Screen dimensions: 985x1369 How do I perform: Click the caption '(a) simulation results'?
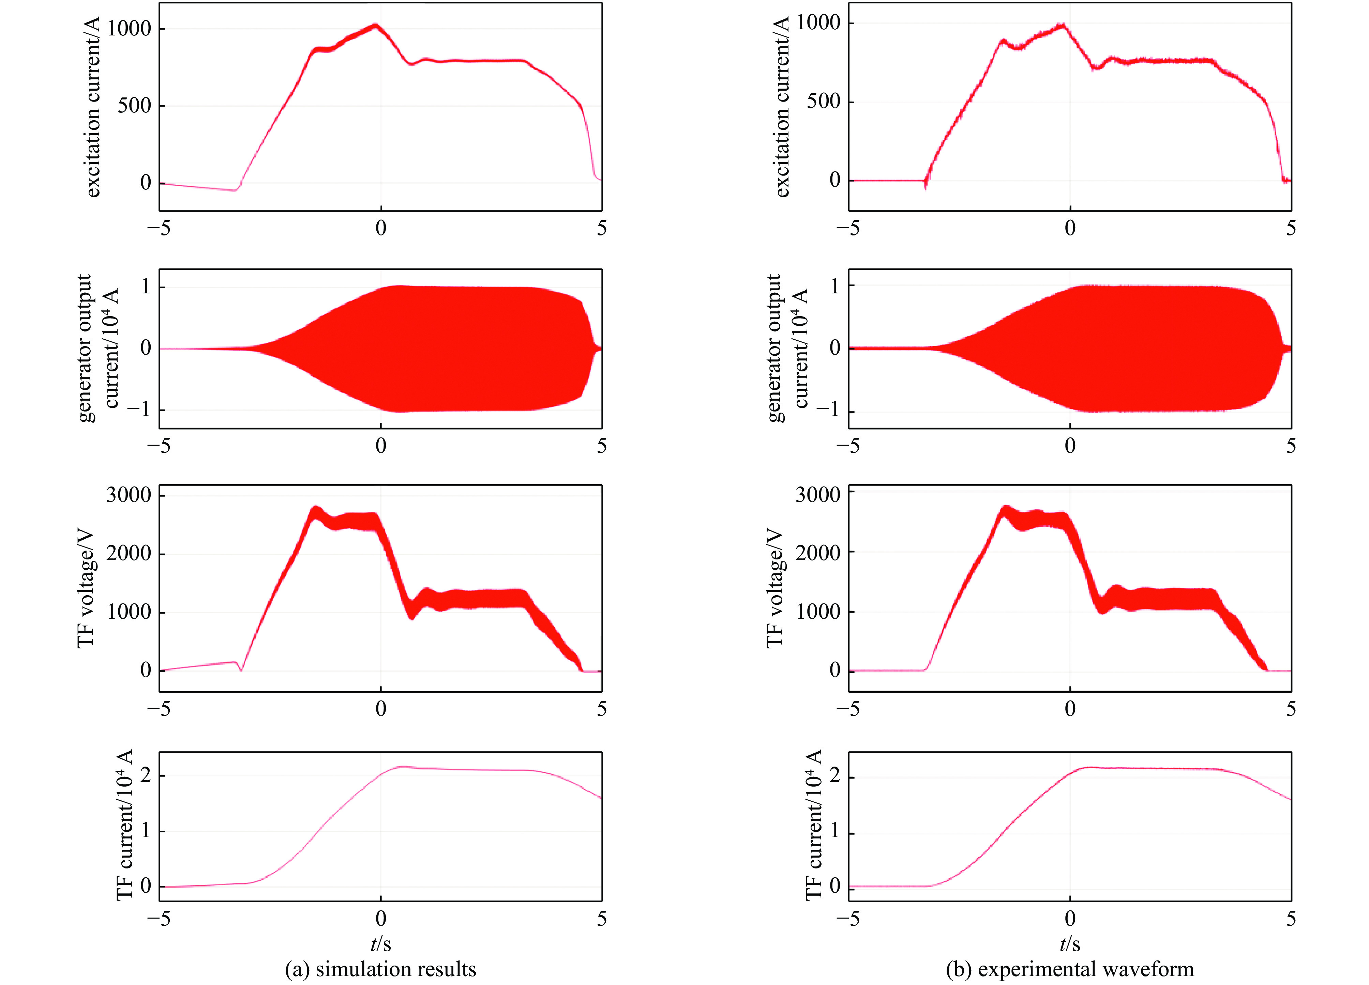tap(380, 969)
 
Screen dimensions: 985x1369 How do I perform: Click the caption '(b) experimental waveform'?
tap(1070, 969)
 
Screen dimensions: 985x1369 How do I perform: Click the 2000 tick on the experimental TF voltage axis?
tap(817, 553)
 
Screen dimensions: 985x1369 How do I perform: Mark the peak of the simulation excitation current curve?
tap(375, 25)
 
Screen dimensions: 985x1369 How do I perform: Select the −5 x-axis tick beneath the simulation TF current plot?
tap(159, 919)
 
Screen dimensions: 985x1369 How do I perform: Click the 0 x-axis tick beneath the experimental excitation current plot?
tap(1070, 228)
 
